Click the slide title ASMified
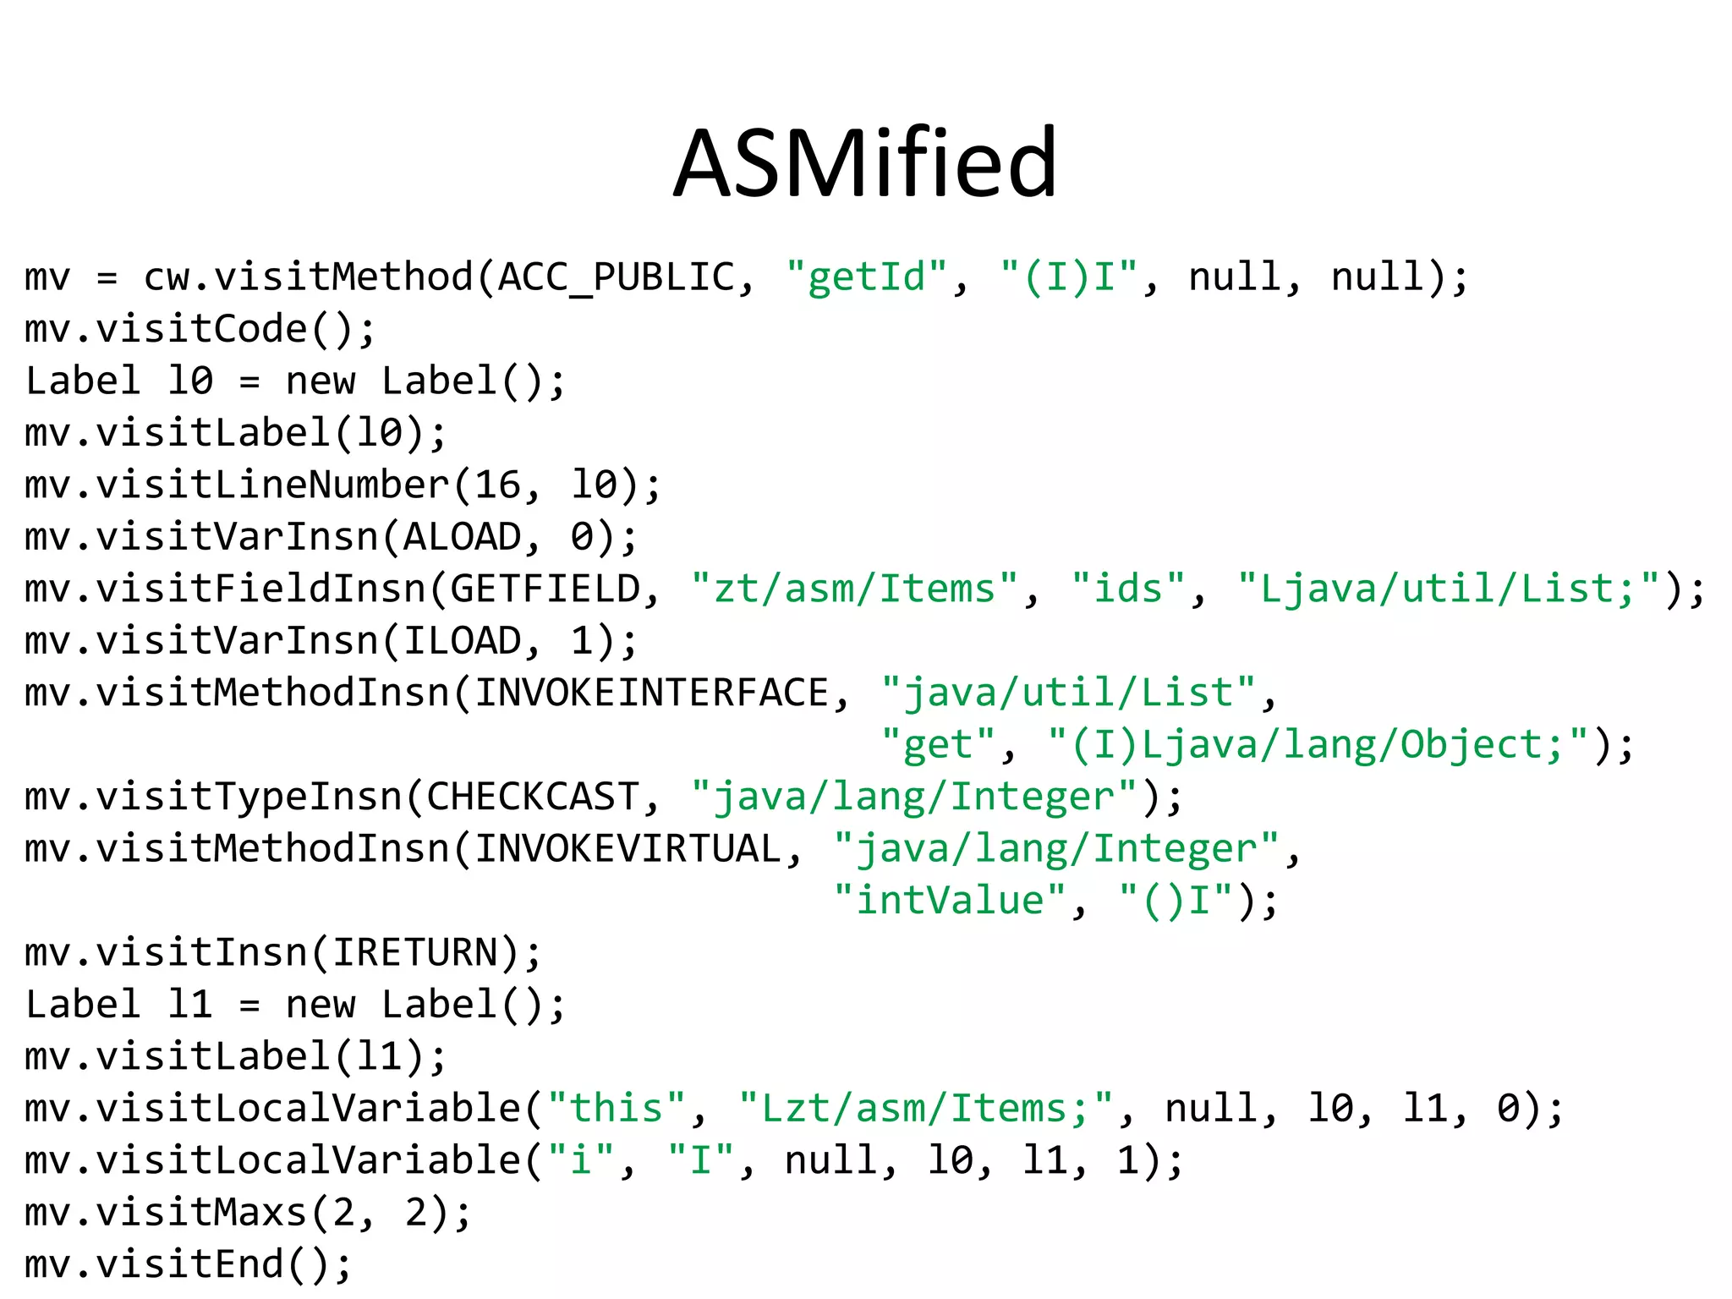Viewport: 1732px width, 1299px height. [865, 162]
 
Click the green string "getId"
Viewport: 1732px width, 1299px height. [866, 277]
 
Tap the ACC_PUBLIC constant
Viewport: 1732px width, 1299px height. [617, 277]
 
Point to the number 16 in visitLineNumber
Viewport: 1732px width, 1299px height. [497, 485]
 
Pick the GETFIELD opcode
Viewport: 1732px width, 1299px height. [545, 589]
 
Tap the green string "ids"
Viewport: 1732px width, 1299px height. [1128, 589]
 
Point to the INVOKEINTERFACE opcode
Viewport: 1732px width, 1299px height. [651, 693]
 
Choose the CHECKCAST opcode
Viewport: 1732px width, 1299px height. [533, 797]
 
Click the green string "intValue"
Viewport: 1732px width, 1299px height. [950, 902]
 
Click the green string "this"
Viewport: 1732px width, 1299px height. [616, 1110]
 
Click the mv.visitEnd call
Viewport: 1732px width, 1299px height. [188, 1265]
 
